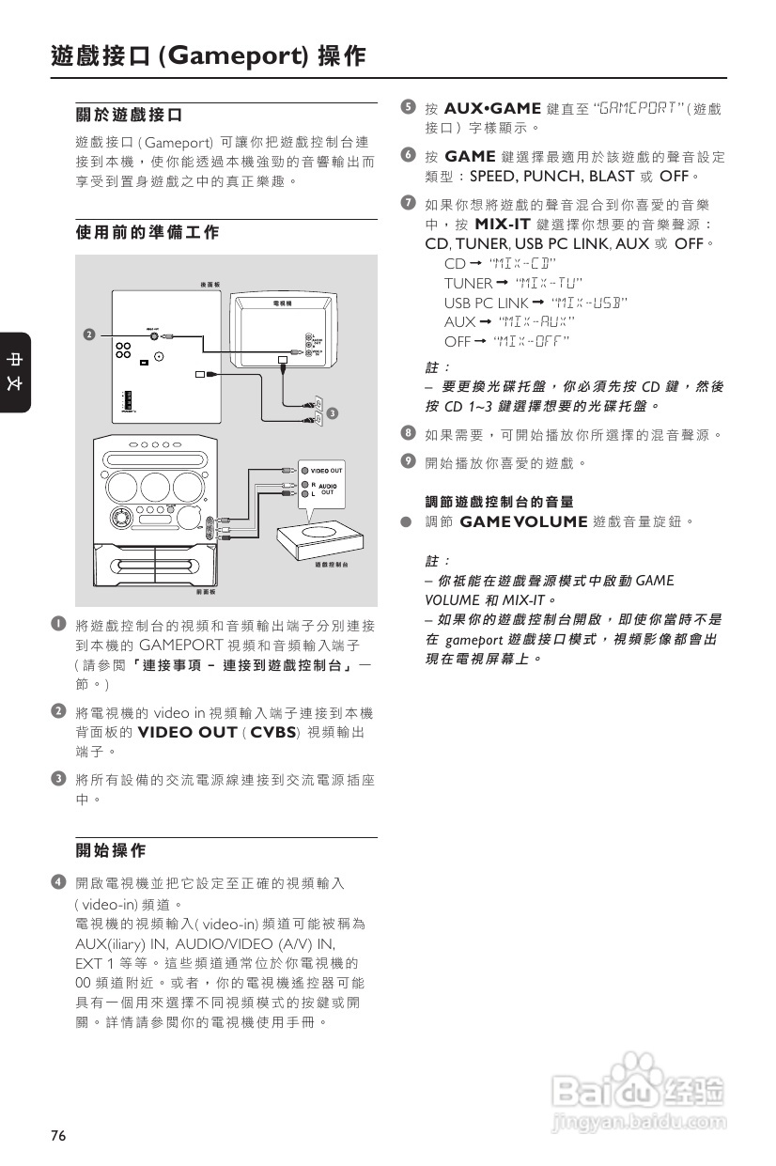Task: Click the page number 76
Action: [x=58, y=1136]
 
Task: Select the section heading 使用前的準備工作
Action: [x=147, y=231]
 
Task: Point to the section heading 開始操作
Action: [x=111, y=850]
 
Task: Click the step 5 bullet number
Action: [x=407, y=107]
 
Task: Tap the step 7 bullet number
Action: [x=407, y=203]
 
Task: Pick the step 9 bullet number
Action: [x=407, y=461]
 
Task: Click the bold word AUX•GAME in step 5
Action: [x=492, y=108]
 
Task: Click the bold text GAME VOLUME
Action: [x=523, y=521]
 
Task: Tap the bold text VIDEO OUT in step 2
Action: [x=187, y=732]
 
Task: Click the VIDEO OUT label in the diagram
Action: [x=327, y=469]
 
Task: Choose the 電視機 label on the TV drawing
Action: [x=282, y=303]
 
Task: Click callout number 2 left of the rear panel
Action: [x=88, y=334]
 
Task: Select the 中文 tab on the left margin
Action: [x=15, y=371]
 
